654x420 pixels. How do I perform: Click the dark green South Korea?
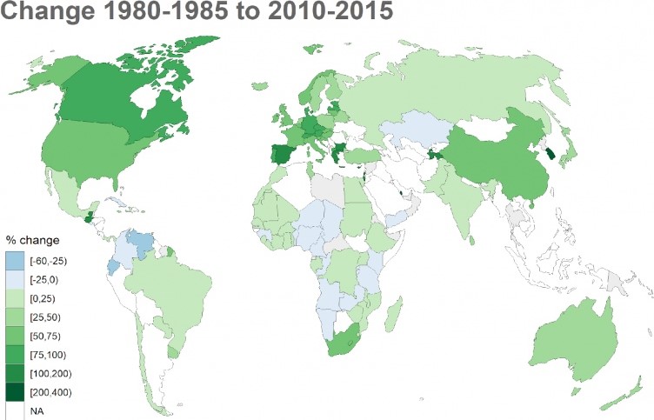tap(550, 152)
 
